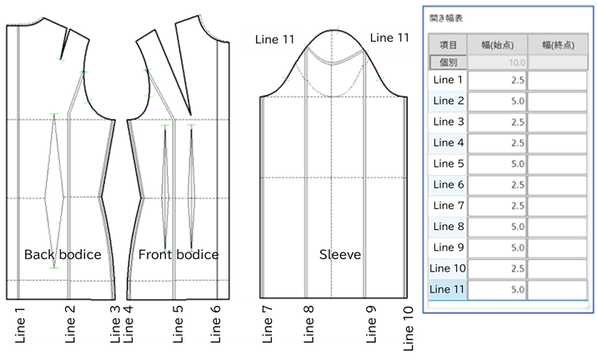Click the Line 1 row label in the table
(x=449, y=81)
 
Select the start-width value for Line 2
(x=498, y=102)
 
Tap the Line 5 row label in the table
(x=449, y=164)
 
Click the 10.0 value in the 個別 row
(x=498, y=62)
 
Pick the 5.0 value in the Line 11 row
(x=498, y=289)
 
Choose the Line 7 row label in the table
(x=449, y=206)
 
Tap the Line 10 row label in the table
(x=449, y=268)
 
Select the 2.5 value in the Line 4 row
(x=498, y=143)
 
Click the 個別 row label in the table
(x=449, y=62)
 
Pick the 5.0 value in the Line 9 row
(x=498, y=247)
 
